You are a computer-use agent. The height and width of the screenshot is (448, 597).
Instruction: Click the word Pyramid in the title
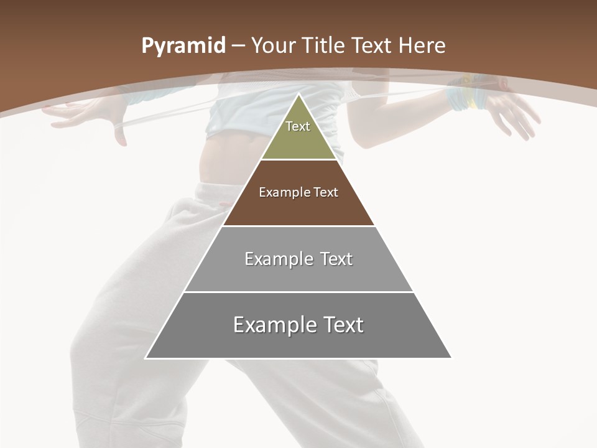pyautogui.click(x=183, y=46)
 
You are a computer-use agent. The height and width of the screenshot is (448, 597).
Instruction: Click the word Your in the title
pyautogui.click(x=272, y=46)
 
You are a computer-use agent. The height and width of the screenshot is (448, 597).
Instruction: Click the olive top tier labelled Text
pyautogui.click(x=298, y=134)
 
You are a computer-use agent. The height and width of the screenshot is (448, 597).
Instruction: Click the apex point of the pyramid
pyautogui.click(x=299, y=95)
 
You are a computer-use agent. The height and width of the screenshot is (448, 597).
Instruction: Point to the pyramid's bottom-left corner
pyautogui.click(x=146, y=358)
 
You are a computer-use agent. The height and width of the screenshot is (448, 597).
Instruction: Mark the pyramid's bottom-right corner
pyautogui.click(x=451, y=358)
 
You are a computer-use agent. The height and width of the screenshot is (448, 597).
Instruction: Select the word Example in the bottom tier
pyautogui.click(x=272, y=325)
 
